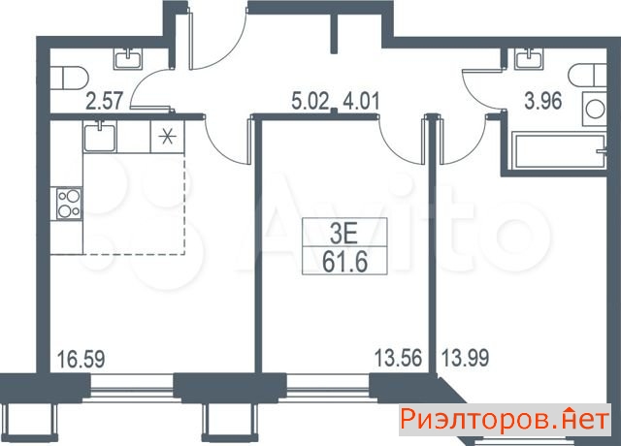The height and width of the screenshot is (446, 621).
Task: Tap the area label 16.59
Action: [82, 359]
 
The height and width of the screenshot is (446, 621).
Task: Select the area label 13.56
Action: [399, 358]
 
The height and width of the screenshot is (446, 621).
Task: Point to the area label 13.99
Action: [466, 358]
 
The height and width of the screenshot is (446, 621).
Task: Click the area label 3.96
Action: [543, 101]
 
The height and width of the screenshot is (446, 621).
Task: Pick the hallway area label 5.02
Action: [310, 101]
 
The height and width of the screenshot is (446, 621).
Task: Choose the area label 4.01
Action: [361, 101]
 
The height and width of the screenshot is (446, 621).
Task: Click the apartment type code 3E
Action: [344, 235]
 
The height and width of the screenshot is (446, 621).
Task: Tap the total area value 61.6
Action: [344, 262]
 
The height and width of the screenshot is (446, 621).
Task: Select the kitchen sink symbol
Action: [100, 136]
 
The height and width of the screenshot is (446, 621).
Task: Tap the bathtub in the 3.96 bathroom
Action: [559, 151]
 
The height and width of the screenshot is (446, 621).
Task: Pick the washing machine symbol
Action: [594, 109]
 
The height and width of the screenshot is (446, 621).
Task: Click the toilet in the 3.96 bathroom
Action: [588, 76]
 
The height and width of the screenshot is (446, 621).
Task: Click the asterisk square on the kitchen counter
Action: [168, 136]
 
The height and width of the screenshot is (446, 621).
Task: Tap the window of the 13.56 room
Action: [327, 384]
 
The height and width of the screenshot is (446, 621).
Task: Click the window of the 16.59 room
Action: [132, 384]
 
